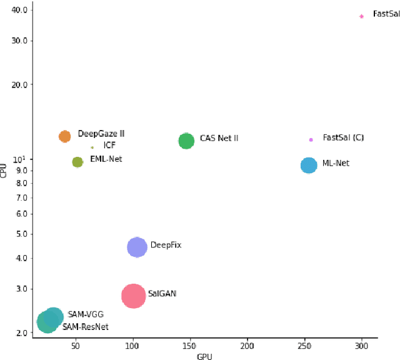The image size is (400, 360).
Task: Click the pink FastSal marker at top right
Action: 361,16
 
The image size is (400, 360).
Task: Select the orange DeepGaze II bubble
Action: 64,136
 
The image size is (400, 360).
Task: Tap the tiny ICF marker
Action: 92,147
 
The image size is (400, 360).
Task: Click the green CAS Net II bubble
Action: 186,141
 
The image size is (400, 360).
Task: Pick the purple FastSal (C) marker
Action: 311,139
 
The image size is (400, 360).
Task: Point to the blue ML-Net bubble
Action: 309,165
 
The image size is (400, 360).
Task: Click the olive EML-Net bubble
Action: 77,162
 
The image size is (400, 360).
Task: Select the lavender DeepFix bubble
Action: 137,247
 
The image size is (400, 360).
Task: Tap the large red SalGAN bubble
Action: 133,296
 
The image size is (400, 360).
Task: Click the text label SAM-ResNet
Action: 85,327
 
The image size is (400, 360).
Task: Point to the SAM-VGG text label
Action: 86,314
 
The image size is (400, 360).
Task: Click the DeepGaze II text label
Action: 101,134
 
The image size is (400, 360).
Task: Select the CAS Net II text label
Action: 219,138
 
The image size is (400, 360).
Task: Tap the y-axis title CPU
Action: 4,169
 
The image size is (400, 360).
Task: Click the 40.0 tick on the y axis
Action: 19,11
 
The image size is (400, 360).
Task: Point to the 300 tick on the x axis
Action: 362,345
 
